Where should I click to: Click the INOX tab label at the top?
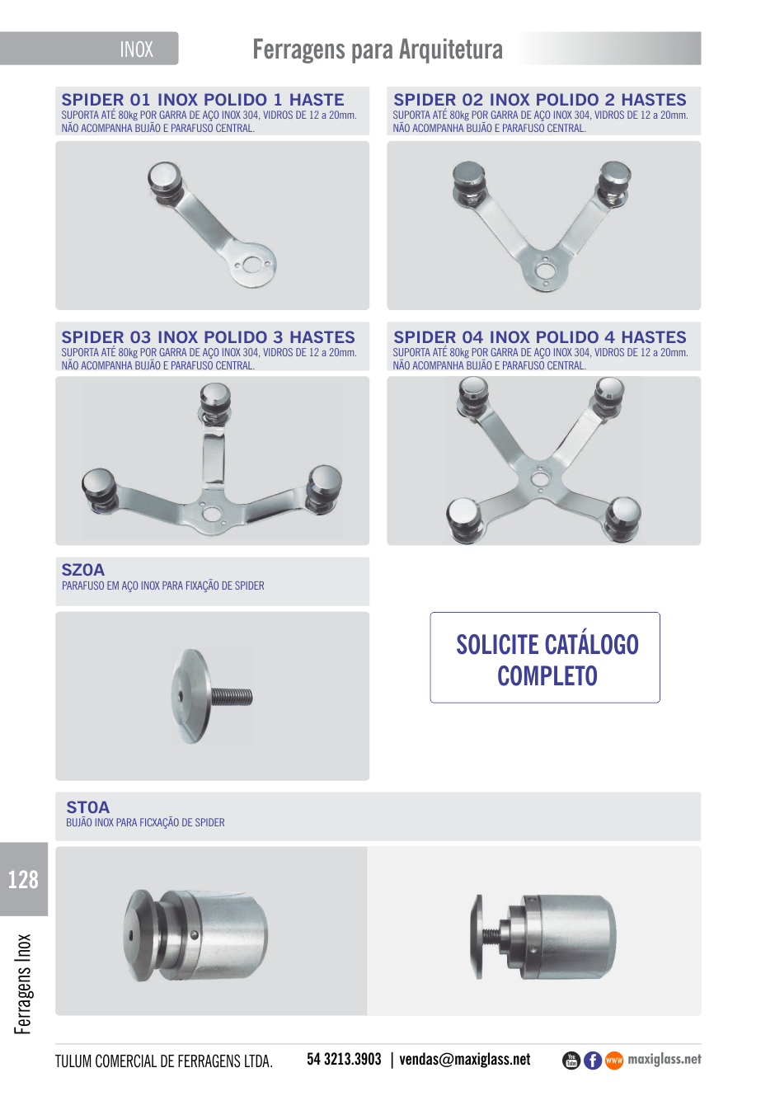[x=137, y=49]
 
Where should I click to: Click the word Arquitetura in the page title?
[x=451, y=49]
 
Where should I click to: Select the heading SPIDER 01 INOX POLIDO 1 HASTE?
[x=203, y=100]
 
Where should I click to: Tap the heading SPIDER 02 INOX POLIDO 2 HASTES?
[x=540, y=100]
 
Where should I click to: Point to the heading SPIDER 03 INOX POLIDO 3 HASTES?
[x=208, y=337]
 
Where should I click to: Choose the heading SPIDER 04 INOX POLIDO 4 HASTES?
[x=540, y=337]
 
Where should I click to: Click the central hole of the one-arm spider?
[x=252, y=265]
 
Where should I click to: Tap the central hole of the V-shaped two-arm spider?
[x=544, y=270]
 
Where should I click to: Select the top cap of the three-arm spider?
[x=215, y=395]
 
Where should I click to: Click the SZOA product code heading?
[x=83, y=570]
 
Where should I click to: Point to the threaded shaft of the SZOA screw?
[x=232, y=696]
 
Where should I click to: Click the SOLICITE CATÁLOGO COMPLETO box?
[x=545, y=657]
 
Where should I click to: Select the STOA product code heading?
[x=88, y=807]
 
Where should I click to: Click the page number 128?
[x=23, y=880]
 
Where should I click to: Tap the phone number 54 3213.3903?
[x=344, y=1060]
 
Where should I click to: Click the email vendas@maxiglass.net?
[x=465, y=1060]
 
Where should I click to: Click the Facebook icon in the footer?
[x=593, y=1061]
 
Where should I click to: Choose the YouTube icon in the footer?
[x=571, y=1061]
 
